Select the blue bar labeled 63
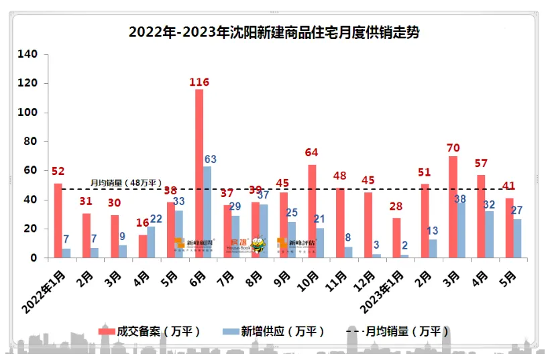(208, 212)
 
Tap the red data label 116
(199, 82)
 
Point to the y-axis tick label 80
(32, 141)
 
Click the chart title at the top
(274, 32)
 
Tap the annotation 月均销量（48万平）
(127, 182)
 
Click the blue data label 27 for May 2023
(516, 210)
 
